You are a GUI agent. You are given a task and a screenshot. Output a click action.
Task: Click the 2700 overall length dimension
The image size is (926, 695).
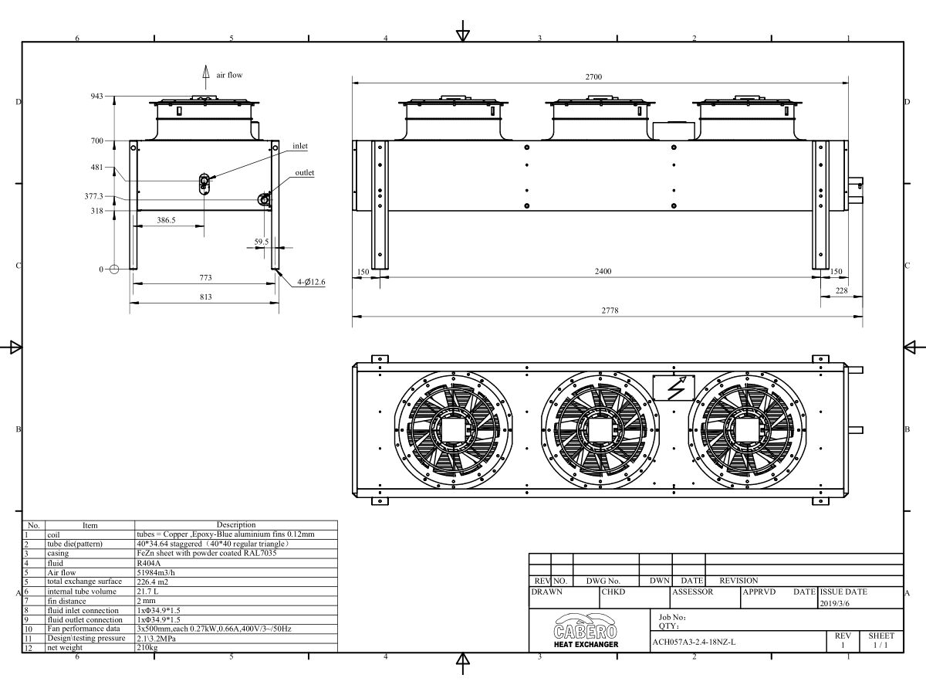click(593, 76)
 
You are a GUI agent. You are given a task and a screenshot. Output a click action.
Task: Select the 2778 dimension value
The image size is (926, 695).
click(610, 310)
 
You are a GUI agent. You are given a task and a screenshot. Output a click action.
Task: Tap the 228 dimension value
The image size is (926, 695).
click(840, 290)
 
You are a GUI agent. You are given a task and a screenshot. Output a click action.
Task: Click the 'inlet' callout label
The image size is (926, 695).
click(299, 146)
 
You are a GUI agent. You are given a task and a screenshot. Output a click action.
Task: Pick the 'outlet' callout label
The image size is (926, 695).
click(304, 173)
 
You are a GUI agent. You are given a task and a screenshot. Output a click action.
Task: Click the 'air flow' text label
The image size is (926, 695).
click(229, 75)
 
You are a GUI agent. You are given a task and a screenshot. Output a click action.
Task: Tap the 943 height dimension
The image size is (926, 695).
click(96, 97)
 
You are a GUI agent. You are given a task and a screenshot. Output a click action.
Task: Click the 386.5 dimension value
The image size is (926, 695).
click(166, 220)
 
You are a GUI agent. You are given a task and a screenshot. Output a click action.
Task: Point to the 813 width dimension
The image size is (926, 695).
click(205, 297)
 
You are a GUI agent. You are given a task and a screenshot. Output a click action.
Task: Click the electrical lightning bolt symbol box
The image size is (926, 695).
click(673, 388)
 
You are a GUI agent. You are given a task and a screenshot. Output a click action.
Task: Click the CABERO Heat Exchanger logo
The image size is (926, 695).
click(586, 630)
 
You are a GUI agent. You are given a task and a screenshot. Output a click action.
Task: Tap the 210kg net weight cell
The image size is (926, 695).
click(147, 647)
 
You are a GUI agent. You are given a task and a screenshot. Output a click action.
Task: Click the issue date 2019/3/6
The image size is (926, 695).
click(833, 603)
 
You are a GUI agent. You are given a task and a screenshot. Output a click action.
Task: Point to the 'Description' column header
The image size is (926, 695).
click(235, 524)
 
